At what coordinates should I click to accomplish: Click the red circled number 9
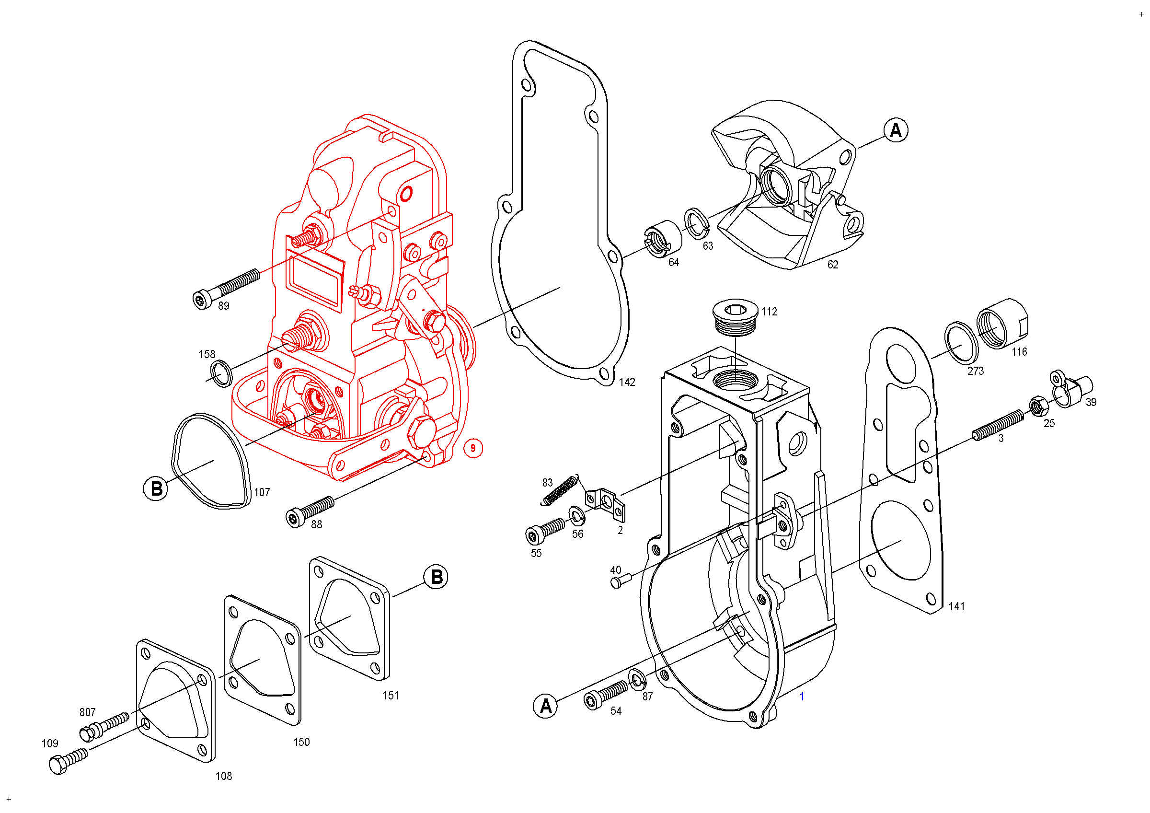coord(473,448)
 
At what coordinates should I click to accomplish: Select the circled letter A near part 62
coord(896,130)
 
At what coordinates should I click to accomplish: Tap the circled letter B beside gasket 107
coord(156,488)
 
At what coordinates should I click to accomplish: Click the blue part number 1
coord(802,697)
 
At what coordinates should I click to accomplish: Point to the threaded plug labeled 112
coord(735,318)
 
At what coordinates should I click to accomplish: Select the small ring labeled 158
coord(221,373)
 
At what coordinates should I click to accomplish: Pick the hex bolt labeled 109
coord(67,761)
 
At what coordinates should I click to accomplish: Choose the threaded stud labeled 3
coord(998,425)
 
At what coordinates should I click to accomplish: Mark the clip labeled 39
coord(1071,390)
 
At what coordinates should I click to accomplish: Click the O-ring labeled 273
coord(961,343)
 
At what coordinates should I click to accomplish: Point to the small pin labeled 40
coord(621,581)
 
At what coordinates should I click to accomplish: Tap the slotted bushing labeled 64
coord(663,238)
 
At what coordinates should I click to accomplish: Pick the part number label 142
coord(627,382)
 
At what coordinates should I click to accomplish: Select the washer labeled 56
coord(577,514)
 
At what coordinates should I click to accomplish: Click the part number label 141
coord(956,606)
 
